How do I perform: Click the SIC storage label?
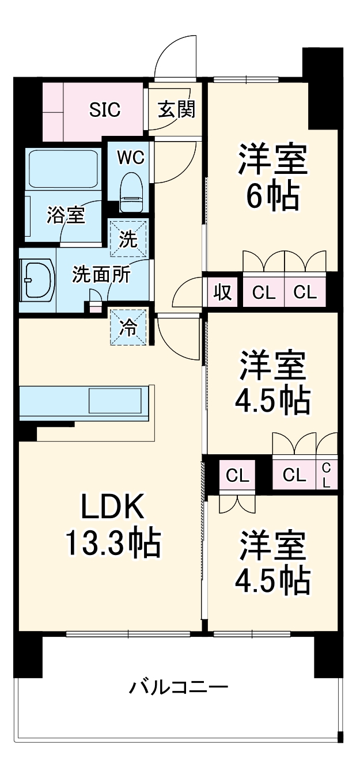[x=105, y=109]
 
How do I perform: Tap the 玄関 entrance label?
[x=176, y=109]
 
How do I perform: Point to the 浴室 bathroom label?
[x=66, y=215]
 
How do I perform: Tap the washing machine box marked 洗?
[x=129, y=238]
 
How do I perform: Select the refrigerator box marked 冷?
[x=129, y=327]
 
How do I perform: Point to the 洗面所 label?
[x=101, y=275]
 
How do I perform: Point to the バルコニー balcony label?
[x=179, y=687]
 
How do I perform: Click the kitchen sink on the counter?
[x=114, y=400]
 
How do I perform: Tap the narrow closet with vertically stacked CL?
[x=326, y=474]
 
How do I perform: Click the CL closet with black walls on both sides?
[x=237, y=475]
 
